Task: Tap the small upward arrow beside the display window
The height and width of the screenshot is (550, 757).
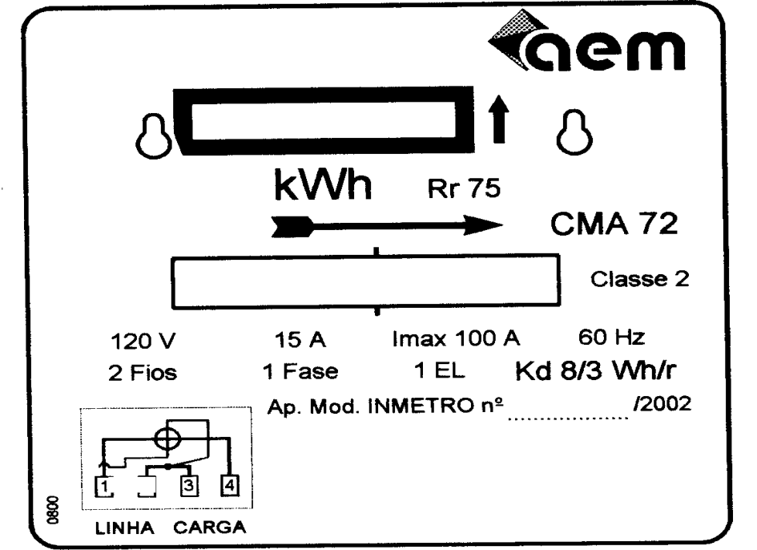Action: point(499,119)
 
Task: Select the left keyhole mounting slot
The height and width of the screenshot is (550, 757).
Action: point(154,136)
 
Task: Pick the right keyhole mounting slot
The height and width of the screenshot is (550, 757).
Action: point(574,132)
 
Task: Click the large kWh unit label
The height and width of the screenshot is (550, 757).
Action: point(323,184)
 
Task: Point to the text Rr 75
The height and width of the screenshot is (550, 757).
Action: point(464,188)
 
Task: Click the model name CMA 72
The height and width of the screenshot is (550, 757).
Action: point(614,224)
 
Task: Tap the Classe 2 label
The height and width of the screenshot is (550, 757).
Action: point(640,279)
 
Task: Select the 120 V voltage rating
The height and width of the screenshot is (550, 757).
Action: point(143,342)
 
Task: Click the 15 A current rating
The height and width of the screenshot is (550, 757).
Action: point(300,340)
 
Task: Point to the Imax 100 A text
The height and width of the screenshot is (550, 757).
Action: point(456,338)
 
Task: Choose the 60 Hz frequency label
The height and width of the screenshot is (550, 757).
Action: point(612,338)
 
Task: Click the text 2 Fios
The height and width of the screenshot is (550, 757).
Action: point(143,373)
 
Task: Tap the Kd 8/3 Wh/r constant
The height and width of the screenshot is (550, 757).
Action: point(596,370)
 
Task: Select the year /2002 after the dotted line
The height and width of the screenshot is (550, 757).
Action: point(662,404)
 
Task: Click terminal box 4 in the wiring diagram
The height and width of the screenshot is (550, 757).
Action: point(229,485)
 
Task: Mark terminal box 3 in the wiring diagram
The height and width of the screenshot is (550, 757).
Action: point(189,485)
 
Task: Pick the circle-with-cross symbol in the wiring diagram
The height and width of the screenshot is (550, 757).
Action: point(167,439)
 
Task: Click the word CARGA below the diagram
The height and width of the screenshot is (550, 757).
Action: point(210,528)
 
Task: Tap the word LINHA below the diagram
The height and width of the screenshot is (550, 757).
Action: point(124,528)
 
